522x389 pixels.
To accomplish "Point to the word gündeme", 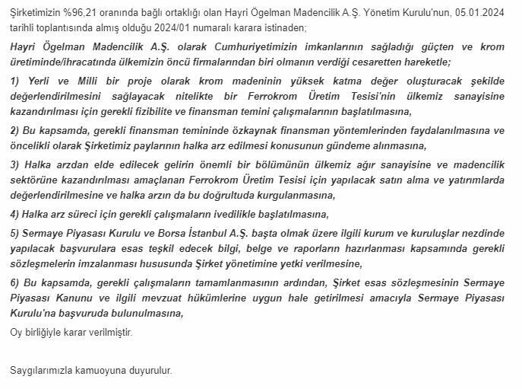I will coord(344,145).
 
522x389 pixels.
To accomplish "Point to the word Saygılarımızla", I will coord(45,371).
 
